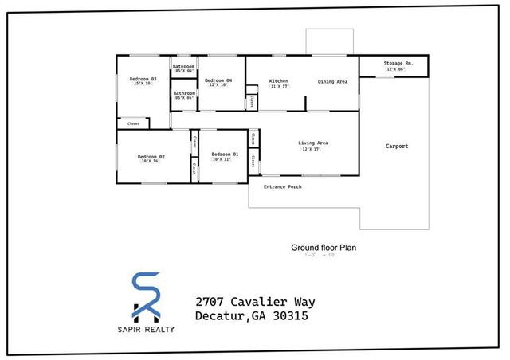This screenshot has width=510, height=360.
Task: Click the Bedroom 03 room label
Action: pyautogui.click(x=143, y=79)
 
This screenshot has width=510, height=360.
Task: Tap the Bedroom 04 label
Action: pyautogui.click(x=218, y=80)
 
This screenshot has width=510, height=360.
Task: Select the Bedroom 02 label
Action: pyautogui.click(x=151, y=156)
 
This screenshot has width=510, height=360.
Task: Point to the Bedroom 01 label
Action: pyautogui.click(x=225, y=154)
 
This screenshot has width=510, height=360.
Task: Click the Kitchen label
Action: pyautogui.click(x=278, y=81)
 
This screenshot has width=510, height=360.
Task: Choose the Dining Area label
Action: pyautogui.click(x=332, y=81)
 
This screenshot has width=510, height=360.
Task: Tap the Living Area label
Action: pyautogui.click(x=313, y=143)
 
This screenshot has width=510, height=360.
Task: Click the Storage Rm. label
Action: pyautogui.click(x=396, y=62)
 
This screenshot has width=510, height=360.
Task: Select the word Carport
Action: pyautogui.click(x=397, y=146)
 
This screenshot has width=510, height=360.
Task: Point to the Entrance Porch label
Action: pyautogui.click(x=283, y=186)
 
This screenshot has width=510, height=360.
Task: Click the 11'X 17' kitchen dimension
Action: pyautogui.click(x=279, y=88)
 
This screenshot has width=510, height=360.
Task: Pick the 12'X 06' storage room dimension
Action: pyautogui.click(x=396, y=69)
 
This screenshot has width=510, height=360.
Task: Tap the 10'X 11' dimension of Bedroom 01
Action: pyautogui.click(x=222, y=160)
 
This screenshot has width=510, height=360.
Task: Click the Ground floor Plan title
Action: pyautogui.click(x=324, y=248)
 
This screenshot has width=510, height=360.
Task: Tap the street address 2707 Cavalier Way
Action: pyautogui.click(x=255, y=302)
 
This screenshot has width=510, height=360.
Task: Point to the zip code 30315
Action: pyautogui.click(x=291, y=316)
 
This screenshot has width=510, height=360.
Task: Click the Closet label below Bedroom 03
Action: pyautogui.click(x=133, y=123)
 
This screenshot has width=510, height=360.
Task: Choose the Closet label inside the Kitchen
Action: pyautogui.click(x=252, y=101)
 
